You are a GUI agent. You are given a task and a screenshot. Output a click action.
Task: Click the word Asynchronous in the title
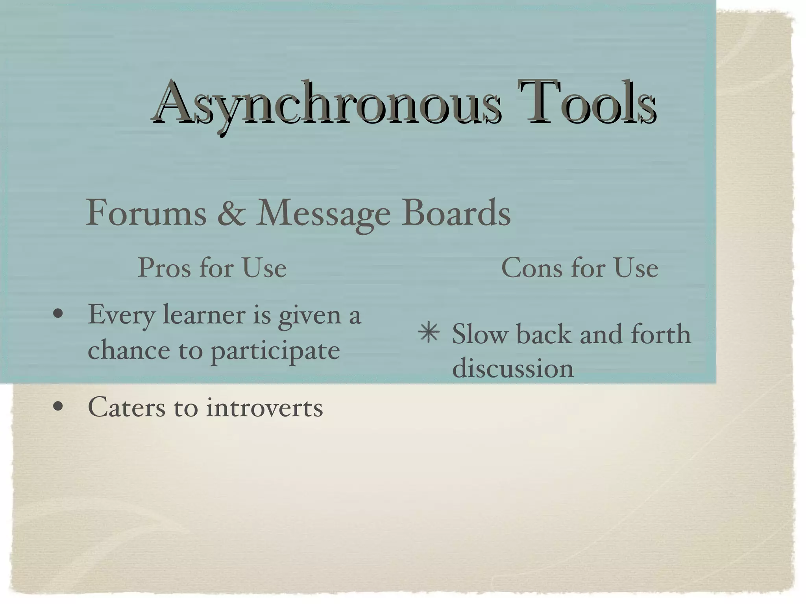point(327,103)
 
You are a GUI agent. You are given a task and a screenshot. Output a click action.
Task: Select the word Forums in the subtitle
point(146,213)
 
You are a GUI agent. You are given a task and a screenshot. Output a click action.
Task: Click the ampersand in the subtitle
point(231,213)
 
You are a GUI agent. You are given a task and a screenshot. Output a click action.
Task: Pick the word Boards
point(456,213)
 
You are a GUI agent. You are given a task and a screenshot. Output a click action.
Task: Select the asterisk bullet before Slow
point(429,333)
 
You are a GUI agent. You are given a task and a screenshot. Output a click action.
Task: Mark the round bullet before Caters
point(58,407)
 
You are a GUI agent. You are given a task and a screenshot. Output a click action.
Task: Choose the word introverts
point(264,408)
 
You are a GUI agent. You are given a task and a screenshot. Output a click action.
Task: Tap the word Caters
point(126,407)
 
